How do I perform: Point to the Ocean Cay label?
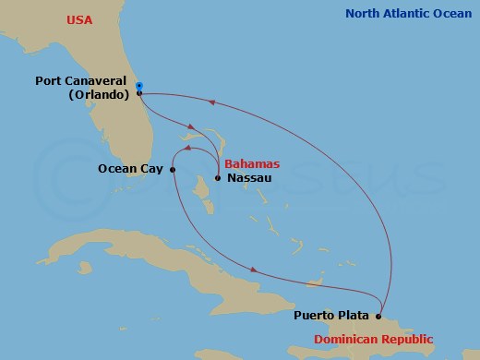tap(131, 169)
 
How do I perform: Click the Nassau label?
tap(248, 177)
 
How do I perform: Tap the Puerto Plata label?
tap(333, 315)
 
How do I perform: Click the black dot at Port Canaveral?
tap(139, 93)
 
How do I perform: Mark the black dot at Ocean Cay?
tap(173, 169)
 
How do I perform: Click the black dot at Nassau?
tap(218, 177)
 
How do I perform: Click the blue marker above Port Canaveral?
tap(139, 86)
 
